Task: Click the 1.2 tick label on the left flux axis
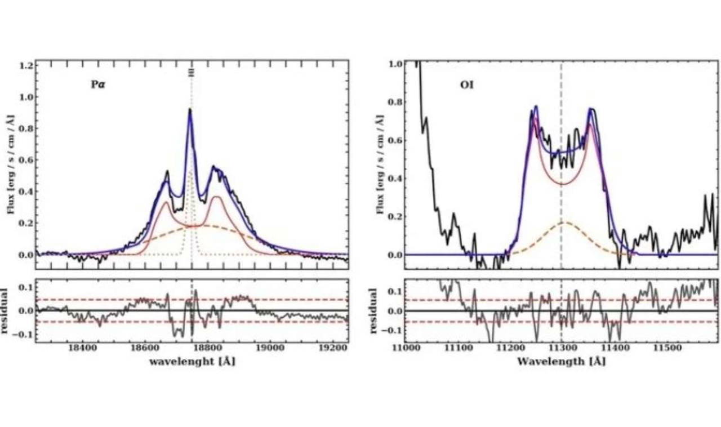[25, 65]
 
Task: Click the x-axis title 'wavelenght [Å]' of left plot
[192, 362]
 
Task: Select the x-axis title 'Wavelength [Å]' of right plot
[561, 362]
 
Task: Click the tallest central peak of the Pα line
[190, 110]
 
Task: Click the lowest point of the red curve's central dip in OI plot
[562, 184]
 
